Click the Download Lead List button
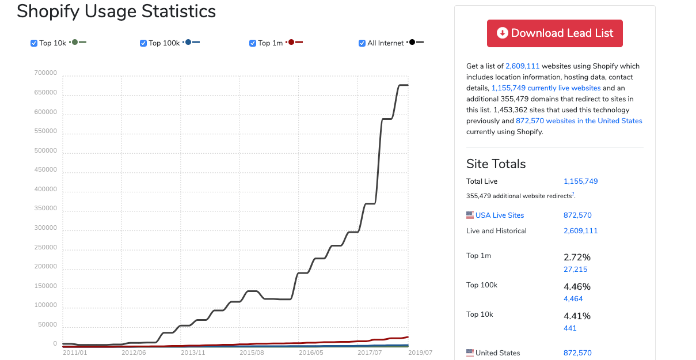pyautogui.click(x=554, y=33)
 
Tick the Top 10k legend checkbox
pyautogui.click(x=34, y=43)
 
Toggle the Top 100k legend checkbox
pyautogui.click(x=143, y=43)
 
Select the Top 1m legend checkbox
pyautogui.click(x=253, y=43)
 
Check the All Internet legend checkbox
pyautogui.click(x=362, y=43)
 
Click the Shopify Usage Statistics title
pyautogui.click(x=116, y=11)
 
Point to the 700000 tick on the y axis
pyautogui.click(x=45, y=73)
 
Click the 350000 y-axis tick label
pyautogui.click(x=45, y=209)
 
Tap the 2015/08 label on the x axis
pyautogui.click(x=252, y=353)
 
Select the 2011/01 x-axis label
pyautogui.click(x=75, y=353)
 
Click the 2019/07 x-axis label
pyautogui.click(x=420, y=353)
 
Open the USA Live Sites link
pyautogui.click(x=499, y=215)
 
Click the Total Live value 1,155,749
pyautogui.click(x=580, y=181)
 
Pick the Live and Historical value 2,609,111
pyautogui.click(x=580, y=231)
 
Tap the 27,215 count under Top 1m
pyautogui.click(x=575, y=270)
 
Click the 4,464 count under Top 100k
pyautogui.click(x=573, y=299)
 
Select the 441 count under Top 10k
pyautogui.click(x=570, y=328)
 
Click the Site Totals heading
pyautogui.click(x=496, y=164)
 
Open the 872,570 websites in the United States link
pyautogui.click(x=579, y=121)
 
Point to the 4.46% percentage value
pyautogui.click(x=577, y=286)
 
